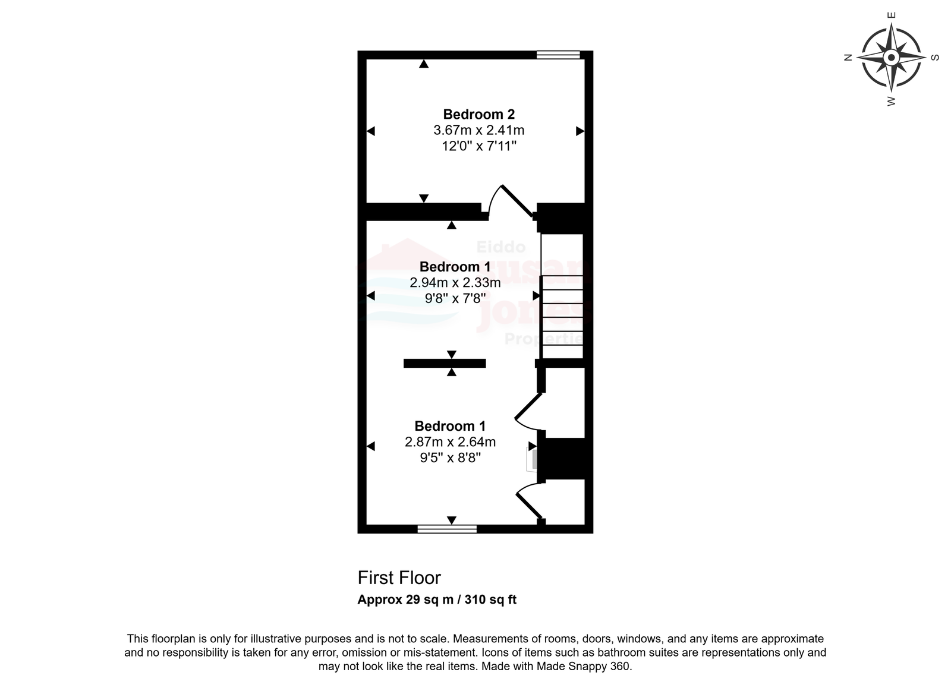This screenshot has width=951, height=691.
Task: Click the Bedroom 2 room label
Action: tap(479, 114)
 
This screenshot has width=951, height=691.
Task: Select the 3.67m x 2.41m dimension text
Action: tap(479, 130)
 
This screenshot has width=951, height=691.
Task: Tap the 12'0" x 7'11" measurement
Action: tap(479, 146)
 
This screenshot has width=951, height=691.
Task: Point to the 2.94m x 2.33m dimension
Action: tap(455, 283)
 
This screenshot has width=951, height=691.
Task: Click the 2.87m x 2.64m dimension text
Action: tap(450, 442)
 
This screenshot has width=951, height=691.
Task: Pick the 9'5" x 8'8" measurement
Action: tap(450, 458)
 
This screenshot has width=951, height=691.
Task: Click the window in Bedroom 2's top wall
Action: tap(558, 55)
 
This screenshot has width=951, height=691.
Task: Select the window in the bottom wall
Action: tap(447, 529)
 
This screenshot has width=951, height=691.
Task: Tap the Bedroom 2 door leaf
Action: tap(518, 201)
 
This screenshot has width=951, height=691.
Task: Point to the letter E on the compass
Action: tap(892, 15)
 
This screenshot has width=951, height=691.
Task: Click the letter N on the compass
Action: tap(848, 57)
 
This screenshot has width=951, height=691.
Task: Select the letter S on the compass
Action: tap(935, 57)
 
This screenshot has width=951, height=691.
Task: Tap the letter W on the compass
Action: tap(892, 101)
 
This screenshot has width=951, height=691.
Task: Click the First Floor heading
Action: tap(399, 578)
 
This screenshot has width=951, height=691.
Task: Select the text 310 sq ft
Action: tap(490, 600)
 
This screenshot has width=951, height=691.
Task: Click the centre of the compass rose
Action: tap(892, 57)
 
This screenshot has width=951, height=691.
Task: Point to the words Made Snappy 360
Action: tap(584, 667)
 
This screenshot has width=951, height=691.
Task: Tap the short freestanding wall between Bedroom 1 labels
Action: tap(445, 364)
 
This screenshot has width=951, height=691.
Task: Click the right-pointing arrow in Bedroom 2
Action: tap(580, 131)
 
